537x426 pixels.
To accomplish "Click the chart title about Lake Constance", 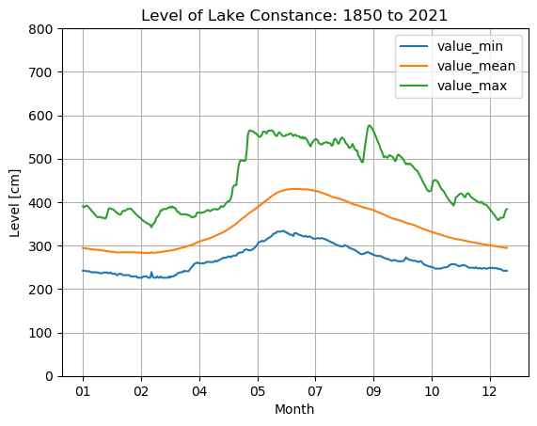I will [294, 15].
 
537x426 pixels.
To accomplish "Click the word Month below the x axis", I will [294, 409].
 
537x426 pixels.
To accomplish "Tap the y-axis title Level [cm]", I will [16, 202].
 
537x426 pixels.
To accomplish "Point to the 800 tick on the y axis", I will [41, 29].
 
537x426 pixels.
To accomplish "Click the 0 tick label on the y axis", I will [49, 376].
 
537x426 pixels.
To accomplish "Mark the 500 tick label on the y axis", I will [41, 159].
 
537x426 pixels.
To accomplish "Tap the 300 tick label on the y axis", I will [41, 246].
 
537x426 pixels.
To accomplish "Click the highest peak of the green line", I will [369, 125].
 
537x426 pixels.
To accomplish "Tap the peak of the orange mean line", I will [295, 189].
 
